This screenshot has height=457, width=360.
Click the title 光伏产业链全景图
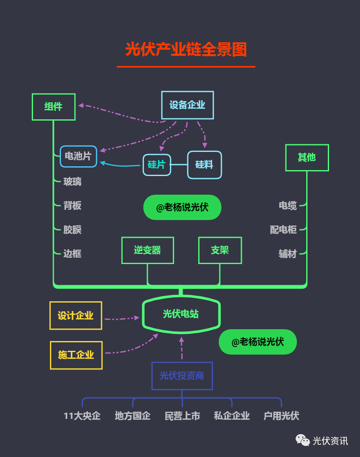pos(186,50)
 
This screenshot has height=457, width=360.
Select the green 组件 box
pos(54,107)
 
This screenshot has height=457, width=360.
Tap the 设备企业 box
pos(187,105)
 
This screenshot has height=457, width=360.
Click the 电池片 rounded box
pos(78,156)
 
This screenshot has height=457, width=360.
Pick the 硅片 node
pos(156,165)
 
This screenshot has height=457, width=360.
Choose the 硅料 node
pos(204,165)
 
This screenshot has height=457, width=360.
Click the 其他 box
pos(307,157)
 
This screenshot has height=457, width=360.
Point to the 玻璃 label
pos(72,182)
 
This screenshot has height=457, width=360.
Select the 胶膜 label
pos(72,230)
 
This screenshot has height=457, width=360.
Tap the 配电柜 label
pos(283,230)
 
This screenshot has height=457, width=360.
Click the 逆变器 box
pos(147,250)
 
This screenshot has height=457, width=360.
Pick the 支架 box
pos(220,250)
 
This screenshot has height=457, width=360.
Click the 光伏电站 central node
pos(181,314)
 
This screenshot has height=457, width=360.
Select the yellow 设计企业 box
pos(75,316)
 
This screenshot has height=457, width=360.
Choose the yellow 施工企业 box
pos(76,355)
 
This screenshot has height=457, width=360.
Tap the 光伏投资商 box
pos(182,376)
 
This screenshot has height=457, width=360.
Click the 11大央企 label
pos(82,416)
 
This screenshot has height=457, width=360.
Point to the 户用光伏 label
pos(281,416)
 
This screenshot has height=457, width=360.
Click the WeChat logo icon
pos(302,440)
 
